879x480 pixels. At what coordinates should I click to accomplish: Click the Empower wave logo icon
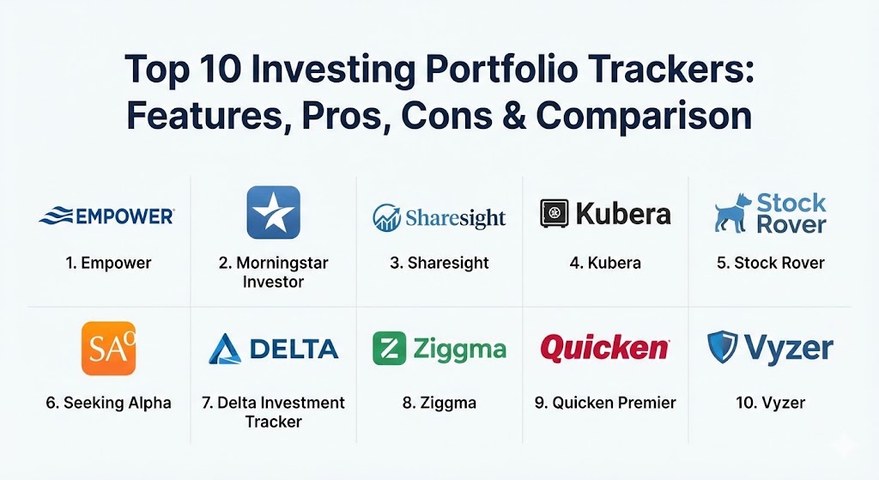(x=56, y=216)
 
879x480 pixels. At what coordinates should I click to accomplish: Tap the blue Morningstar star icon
(x=274, y=213)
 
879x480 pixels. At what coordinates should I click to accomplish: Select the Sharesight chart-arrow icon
(x=387, y=217)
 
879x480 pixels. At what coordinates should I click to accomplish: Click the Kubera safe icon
(x=555, y=214)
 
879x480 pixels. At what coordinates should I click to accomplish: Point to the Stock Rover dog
(x=733, y=214)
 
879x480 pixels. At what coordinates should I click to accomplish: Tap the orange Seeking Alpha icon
(x=109, y=349)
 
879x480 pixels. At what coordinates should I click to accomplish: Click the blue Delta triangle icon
(x=225, y=349)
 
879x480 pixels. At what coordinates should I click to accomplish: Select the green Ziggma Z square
(x=389, y=349)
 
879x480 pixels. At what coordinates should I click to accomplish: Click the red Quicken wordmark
(x=605, y=349)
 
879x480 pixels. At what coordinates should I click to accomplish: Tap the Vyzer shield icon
(x=723, y=347)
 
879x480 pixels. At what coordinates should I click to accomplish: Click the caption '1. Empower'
(x=109, y=263)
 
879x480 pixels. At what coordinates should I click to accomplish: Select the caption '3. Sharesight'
(x=439, y=263)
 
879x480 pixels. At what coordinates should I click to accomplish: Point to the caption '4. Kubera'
(x=605, y=263)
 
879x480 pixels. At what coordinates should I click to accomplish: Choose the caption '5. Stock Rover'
(x=771, y=263)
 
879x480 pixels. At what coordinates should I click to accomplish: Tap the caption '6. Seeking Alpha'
(x=109, y=403)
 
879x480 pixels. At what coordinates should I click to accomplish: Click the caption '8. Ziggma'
(x=439, y=403)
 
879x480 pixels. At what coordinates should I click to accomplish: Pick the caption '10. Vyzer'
(x=771, y=403)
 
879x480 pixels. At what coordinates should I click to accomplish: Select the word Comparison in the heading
(x=644, y=117)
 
